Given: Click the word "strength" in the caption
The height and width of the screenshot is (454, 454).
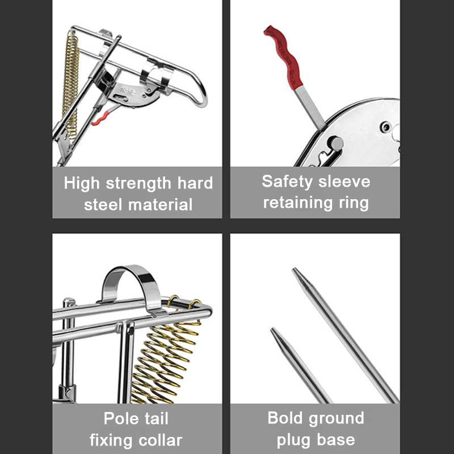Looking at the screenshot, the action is [x=138, y=184].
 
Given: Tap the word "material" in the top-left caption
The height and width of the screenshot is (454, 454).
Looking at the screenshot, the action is [x=160, y=205].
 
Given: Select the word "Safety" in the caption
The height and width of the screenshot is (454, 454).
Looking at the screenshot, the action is [x=287, y=182].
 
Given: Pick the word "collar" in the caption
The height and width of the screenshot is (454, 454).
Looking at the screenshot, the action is [x=160, y=440].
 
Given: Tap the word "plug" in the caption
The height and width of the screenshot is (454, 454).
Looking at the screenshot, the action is [x=293, y=441].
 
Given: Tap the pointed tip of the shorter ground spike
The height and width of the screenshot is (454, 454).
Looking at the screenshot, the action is [x=272, y=329].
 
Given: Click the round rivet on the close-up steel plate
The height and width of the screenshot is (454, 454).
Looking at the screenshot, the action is [x=335, y=143].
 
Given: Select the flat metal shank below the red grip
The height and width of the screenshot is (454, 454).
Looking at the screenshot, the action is [x=310, y=108].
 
